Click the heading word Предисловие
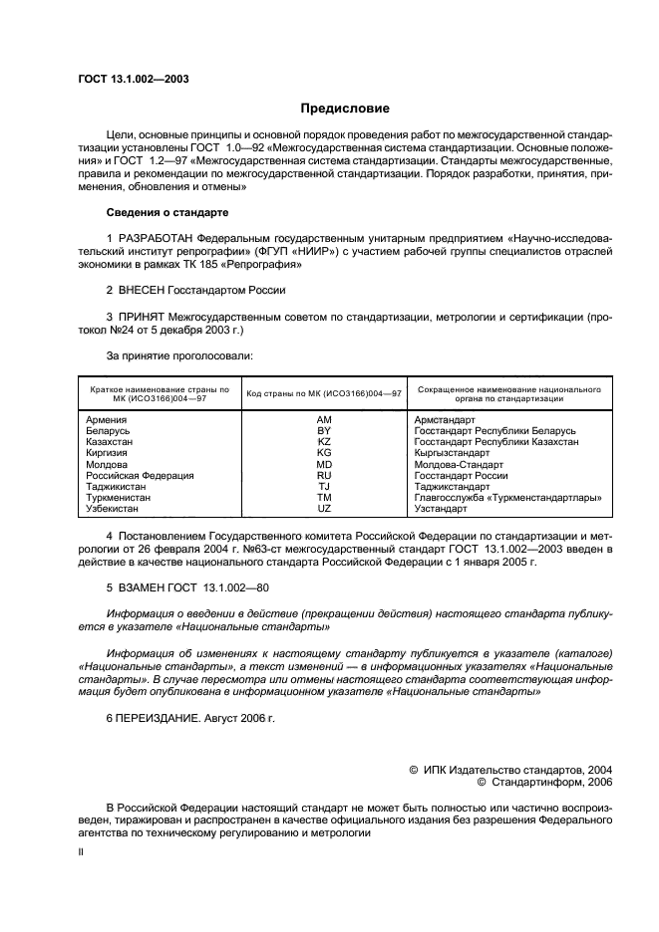point(345,109)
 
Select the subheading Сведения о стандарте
point(167,213)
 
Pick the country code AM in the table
point(324,421)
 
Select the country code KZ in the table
point(324,442)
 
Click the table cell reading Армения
point(107,421)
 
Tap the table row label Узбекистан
point(113,508)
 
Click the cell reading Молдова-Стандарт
point(459,464)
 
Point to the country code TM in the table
point(324,497)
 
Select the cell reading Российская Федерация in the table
point(141,475)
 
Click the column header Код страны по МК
point(324,393)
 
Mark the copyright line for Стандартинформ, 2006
point(545,783)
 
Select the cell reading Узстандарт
point(441,508)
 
